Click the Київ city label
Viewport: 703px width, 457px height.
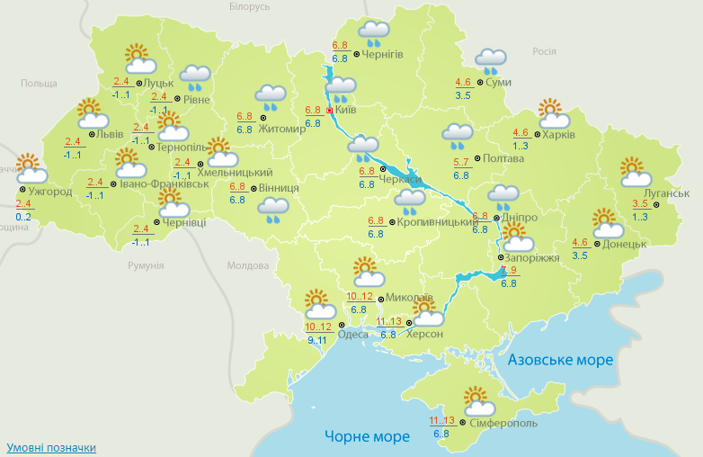tap(345, 110)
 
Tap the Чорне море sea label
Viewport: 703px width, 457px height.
tap(367, 436)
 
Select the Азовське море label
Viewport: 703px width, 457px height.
tap(560, 360)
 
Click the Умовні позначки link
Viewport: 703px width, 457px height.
tap(51, 447)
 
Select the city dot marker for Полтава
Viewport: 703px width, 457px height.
tap(475, 158)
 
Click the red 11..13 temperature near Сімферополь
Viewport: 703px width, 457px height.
tap(441, 420)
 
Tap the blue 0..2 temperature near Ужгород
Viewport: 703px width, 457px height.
tap(23, 217)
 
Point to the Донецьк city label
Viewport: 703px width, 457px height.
tap(625, 244)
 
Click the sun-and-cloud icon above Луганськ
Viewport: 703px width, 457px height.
tap(635, 171)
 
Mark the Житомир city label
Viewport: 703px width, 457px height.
tap(282, 128)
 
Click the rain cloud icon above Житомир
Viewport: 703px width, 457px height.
tap(271, 95)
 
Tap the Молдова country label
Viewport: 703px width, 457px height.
tap(248, 266)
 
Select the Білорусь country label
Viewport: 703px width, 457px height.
tap(249, 6)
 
